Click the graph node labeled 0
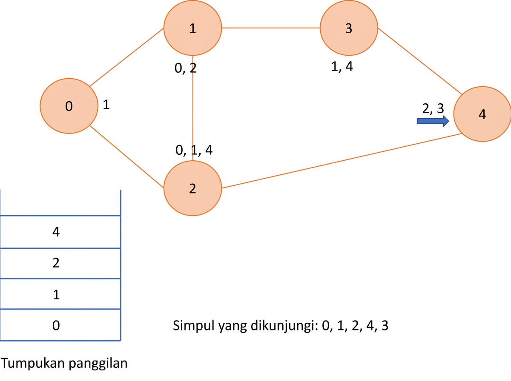click(69, 106)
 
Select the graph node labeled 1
click(192, 28)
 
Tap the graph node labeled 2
click(192, 188)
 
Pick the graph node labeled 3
click(349, 28)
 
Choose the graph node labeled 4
click(482, 114)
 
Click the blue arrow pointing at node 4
click(433, 121)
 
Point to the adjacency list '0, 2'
click(186, 68)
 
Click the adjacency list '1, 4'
click(342, 66)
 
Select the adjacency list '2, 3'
click(433, 108)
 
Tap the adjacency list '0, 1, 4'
click(194, 150)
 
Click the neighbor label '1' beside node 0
click(106, 105)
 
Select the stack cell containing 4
click(60, 232)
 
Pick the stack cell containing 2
click(60, 263)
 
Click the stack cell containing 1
click(60, 294)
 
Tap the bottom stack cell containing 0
click(60, 325)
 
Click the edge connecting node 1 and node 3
click(271, 28)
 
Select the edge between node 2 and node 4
click(342, 161)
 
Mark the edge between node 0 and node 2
click(126, 156)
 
